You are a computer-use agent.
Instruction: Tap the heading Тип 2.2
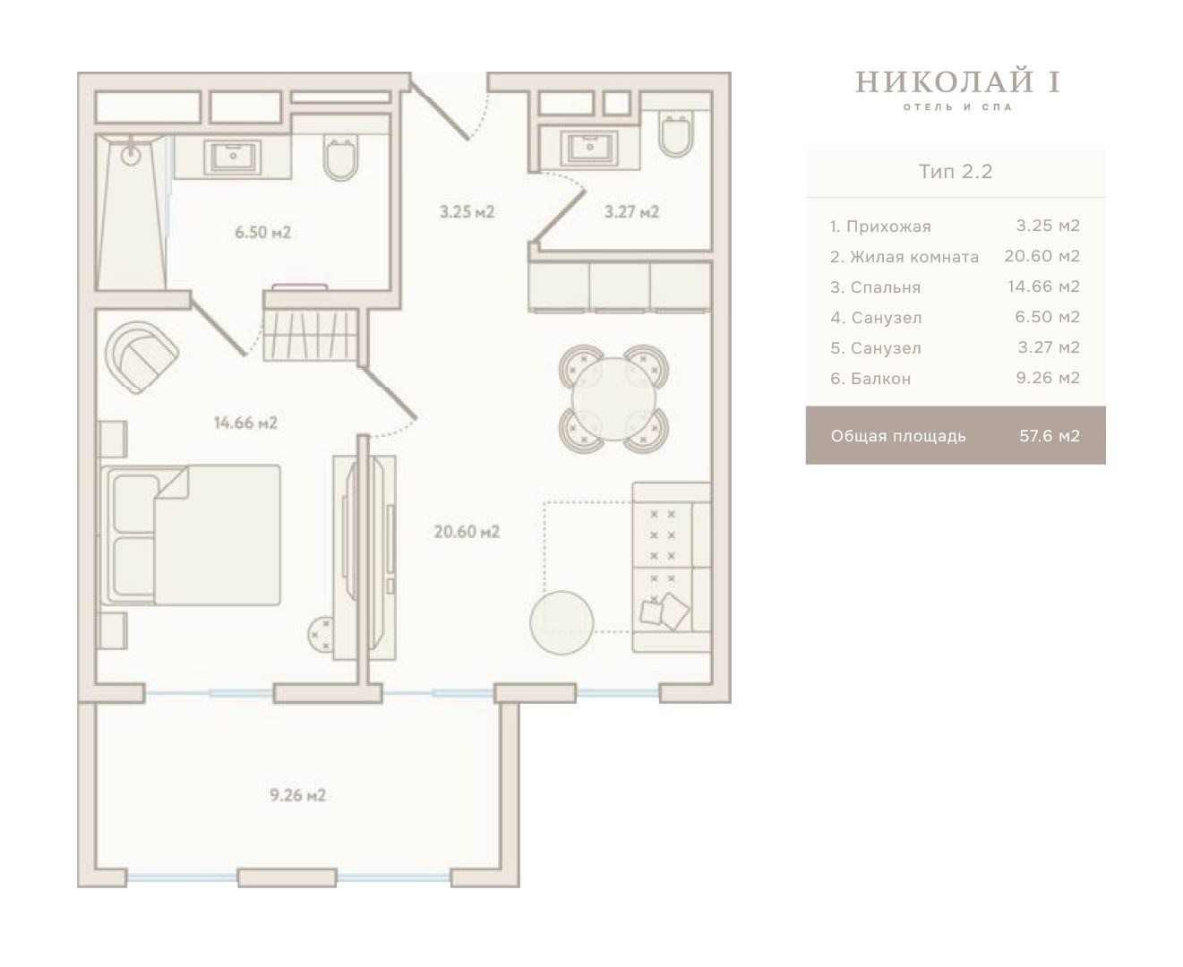(956, 172)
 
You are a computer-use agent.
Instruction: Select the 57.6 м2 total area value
(1049, 436)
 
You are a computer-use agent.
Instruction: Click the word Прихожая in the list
(888, 227)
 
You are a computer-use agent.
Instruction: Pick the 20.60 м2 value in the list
(1042, 256)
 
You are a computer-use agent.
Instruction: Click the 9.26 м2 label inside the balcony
(298, 795)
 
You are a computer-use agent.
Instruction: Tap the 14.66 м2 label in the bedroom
(245, 423)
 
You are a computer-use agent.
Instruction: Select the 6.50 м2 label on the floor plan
(263, 232)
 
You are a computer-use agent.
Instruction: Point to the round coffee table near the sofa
(561, 622)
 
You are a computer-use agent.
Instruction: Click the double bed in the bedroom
(190, 535)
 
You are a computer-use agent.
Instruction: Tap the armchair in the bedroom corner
(141, 356)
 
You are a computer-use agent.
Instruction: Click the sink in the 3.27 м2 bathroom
(589, 148)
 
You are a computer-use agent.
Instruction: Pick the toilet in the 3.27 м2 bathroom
(676, 133)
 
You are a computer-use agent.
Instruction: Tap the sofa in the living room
(672, 567)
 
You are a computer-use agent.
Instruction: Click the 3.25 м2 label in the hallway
(467, 212)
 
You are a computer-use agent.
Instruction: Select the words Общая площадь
(898, 436)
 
